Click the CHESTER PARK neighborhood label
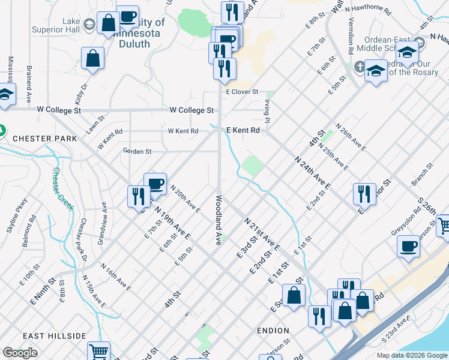pos(44,139)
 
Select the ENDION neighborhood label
pos(273,331)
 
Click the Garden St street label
pos(137,151)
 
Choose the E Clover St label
pos(242,92)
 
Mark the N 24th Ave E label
pos(312,173)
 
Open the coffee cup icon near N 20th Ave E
pos(155,184)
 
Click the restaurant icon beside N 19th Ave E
pos(138,196)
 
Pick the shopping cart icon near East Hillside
pos(98,352)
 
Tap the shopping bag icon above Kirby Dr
pos(93,58)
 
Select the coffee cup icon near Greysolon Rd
pos(408,246)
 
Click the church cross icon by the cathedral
pos(360,67)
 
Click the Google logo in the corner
pos(21,353)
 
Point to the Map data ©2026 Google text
pos(411,355)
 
